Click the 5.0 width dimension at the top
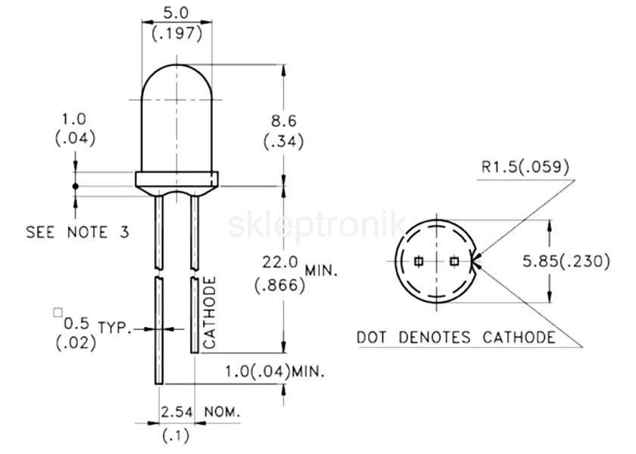click(176, 13)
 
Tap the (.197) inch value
click(177, 33)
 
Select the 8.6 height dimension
click(283, 121)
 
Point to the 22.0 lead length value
click(280, 263)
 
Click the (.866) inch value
click(279, 285)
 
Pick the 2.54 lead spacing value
click(177, 412)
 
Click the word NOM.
click(223, 412)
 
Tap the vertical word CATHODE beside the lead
click(209, 313)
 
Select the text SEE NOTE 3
click(77, 232)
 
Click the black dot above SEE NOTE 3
click(75, 186)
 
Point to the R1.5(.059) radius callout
click(525, 166)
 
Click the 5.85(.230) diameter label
click(566, 262)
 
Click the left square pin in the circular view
click(419, 262)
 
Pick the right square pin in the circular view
click(454, 262)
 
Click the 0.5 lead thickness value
click(76, 323)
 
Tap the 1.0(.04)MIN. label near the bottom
click(275, 372)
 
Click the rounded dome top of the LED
click(177, 65)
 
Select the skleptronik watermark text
click(316, 225)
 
